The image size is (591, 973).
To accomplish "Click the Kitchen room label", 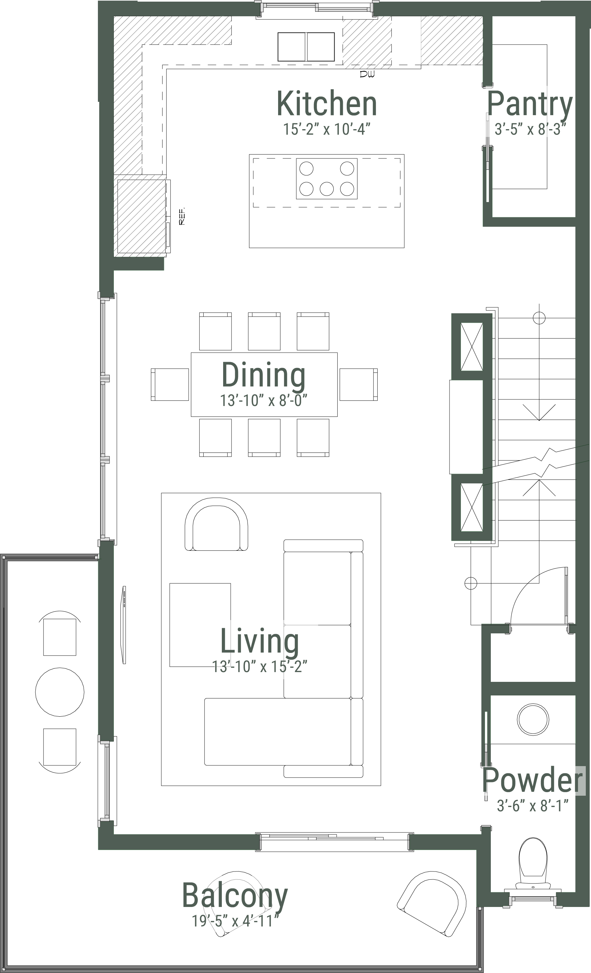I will coord(327,103).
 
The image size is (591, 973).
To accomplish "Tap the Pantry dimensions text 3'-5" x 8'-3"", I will coord(530,129).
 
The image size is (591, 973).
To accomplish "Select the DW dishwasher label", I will coord(367,74).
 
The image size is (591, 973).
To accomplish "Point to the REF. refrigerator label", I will coord(182,216).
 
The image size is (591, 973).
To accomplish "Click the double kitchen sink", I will coord(306,47).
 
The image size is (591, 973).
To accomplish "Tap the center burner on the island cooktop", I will coord(327,189).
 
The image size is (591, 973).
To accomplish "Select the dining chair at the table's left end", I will coord(170,384).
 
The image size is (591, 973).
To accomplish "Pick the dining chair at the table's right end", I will coord(358,384).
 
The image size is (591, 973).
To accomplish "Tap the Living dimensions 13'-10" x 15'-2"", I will coord(260,667).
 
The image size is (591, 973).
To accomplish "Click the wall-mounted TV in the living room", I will coord(124,625).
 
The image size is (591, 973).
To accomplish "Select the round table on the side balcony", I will coord(60,692).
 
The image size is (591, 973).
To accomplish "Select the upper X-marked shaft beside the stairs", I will coord(472,347).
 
